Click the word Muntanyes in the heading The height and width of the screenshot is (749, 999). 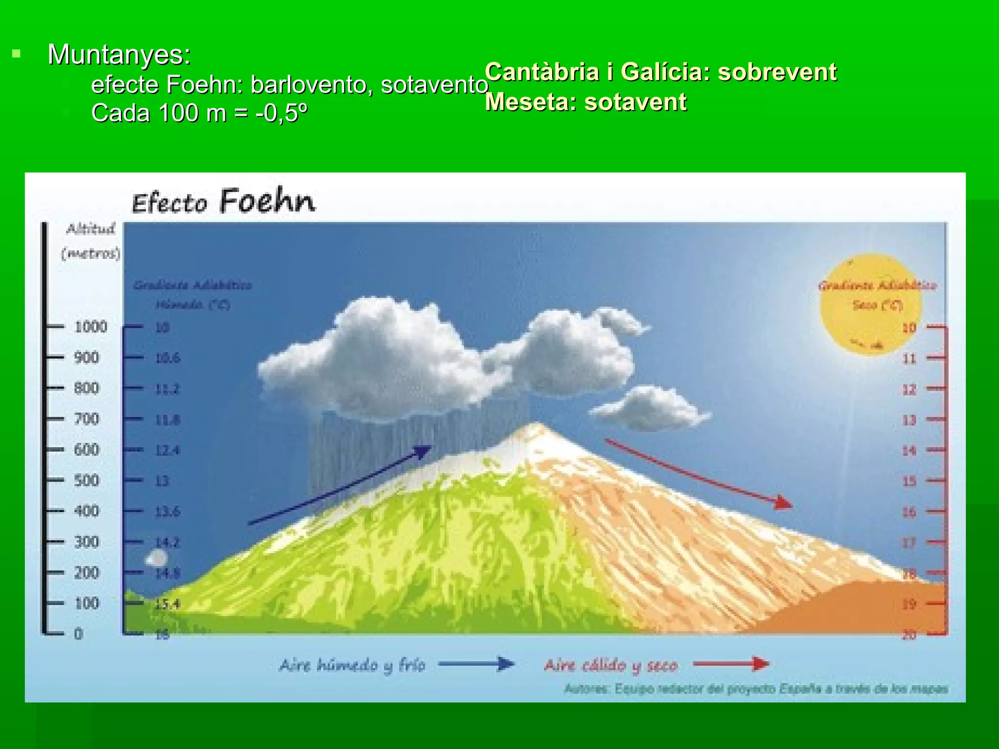tap(119, 55)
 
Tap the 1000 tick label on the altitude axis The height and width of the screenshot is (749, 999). tap(91, 327)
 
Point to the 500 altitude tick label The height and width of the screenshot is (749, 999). tap(86, 480)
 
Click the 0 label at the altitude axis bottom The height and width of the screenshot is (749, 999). tap(79, 634)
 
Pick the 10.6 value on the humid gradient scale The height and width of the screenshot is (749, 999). tap(167, 358)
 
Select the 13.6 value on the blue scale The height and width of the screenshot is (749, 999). tap(167, 512)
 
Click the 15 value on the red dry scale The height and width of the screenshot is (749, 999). tap(909, 481)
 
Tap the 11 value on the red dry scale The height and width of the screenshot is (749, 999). tap(909, 359)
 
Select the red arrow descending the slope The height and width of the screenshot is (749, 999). tap(698, 473)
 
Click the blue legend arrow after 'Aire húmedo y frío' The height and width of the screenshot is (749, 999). tap(476, 664)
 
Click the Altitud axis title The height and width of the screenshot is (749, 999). tap(91, 229)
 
